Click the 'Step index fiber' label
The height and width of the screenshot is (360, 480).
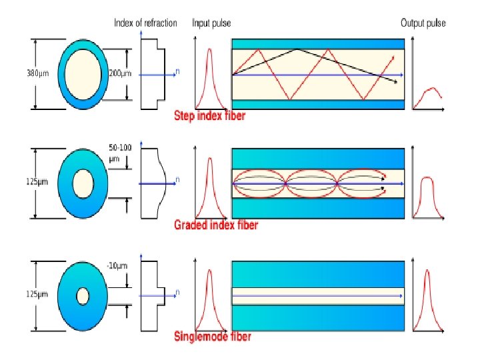click(209, 116)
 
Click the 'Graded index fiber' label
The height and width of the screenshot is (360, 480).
click(215, 225)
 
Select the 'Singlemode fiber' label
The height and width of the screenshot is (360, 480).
click(212, 337)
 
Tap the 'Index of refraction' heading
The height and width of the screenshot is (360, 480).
click(145, 23)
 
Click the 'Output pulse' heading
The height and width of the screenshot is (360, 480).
click(423, 23)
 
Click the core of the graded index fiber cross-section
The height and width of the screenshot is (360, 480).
click(83, 183)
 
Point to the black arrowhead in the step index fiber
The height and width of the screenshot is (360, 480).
click(396, 82)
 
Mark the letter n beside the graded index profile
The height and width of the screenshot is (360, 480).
click(178, 179)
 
